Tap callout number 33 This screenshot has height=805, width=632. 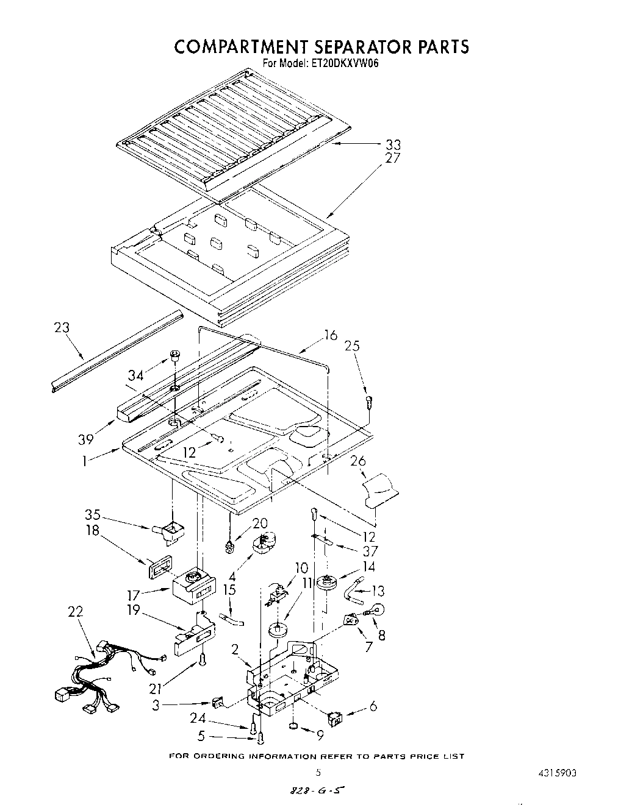(393, 145)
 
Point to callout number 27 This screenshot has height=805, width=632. (393, 158)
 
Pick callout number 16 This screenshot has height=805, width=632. (330, 335)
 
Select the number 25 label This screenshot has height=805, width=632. (352, 346)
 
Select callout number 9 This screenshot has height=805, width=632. (319, 735)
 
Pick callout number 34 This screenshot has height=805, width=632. (135, 375)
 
